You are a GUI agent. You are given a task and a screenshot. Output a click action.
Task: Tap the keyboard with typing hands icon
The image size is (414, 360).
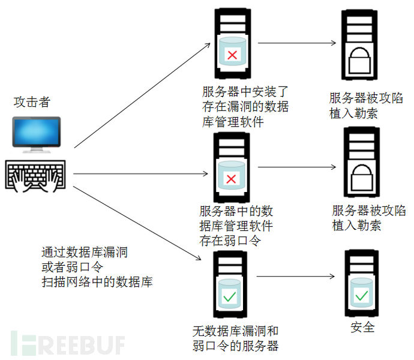tap(35, 176)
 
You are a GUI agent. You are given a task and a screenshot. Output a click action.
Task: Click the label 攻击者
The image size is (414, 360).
tap(32, 102)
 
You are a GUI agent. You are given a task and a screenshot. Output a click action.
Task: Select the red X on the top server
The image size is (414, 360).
tap(232, 55)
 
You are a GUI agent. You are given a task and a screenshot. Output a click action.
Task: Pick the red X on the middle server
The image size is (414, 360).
tap(231, 179)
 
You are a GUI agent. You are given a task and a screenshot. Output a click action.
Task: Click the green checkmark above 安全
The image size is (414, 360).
tap(361, 296)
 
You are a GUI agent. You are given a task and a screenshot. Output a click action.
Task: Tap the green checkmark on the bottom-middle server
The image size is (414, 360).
tap(229, 296)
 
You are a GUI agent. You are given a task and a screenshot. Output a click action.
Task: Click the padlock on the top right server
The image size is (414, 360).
tap(359, 61)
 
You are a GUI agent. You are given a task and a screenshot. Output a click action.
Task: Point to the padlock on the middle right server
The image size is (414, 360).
tap(362, 178)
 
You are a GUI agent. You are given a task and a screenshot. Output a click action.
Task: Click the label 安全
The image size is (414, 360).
tap(362, 328)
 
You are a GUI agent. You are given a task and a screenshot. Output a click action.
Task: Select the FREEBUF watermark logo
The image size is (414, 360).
tap(68, 343)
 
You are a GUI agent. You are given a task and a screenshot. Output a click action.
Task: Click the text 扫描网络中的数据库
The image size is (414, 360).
tap(97, 282)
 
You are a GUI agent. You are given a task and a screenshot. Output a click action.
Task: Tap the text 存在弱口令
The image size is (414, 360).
tap(230, 241)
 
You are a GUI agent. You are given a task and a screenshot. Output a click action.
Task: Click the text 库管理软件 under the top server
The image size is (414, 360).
tap(233, 122)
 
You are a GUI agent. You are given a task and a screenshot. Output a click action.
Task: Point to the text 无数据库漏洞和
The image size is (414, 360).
tap(236, 331)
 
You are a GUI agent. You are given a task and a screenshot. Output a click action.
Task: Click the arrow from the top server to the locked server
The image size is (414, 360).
tap(297, 43)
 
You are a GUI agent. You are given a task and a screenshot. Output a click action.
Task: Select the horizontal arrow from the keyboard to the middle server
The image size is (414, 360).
tap(140, 173)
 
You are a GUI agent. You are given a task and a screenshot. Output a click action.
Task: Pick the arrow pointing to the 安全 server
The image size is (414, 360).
tap(295, 277)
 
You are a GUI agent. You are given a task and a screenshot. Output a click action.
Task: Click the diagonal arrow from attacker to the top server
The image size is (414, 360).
tap(142, 95)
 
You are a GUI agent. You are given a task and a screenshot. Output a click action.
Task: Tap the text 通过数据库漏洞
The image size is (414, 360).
tap(85, 252)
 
